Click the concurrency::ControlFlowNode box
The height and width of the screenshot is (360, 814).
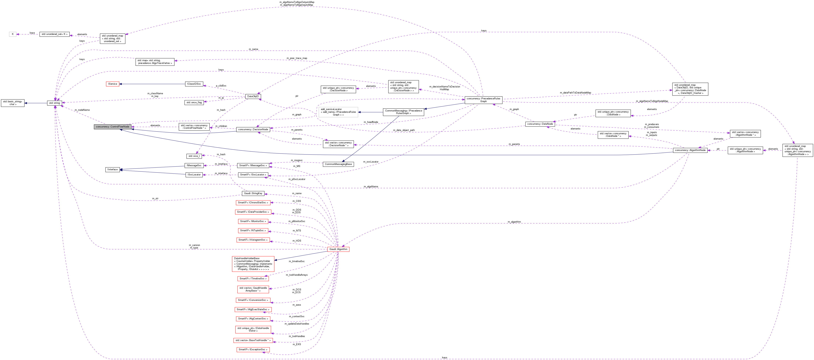click(112, 126)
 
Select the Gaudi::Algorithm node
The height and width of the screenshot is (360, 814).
click(338, 249)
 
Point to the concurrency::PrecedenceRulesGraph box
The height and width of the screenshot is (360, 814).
click(483, 100)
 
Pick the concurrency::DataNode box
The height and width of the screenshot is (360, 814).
click(540, 124)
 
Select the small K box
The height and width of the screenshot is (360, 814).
click(13, 34)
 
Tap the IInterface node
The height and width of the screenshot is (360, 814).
click(112, 170)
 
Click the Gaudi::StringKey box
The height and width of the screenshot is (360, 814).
click(253, 193)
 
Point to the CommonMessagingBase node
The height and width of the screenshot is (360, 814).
click(338, 164)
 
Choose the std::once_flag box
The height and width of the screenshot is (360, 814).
click(194, 102)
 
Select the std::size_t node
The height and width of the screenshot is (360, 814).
click(194, 156)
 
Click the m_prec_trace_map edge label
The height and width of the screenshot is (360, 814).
click(297, 58)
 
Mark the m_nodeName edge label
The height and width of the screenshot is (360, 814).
click(82, 110)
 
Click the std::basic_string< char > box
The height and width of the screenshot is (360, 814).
click(13, 103)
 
